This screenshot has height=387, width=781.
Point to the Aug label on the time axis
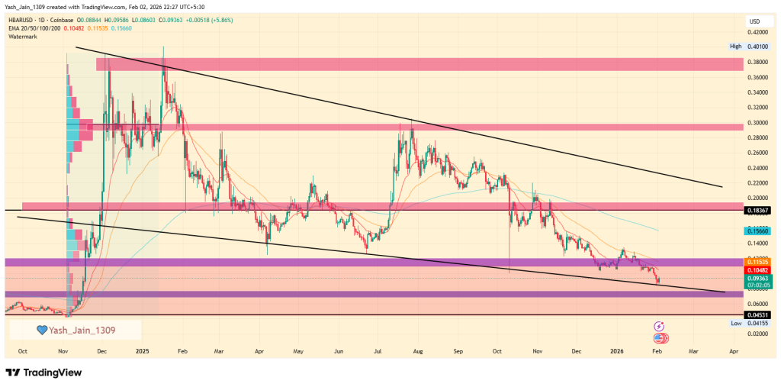click(x=417, y=352)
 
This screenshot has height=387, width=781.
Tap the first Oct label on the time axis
click(x=23, y=352)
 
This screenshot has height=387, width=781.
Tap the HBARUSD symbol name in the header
click(x=20, y=18)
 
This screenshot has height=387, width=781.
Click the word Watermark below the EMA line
click(x=23, y=35)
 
